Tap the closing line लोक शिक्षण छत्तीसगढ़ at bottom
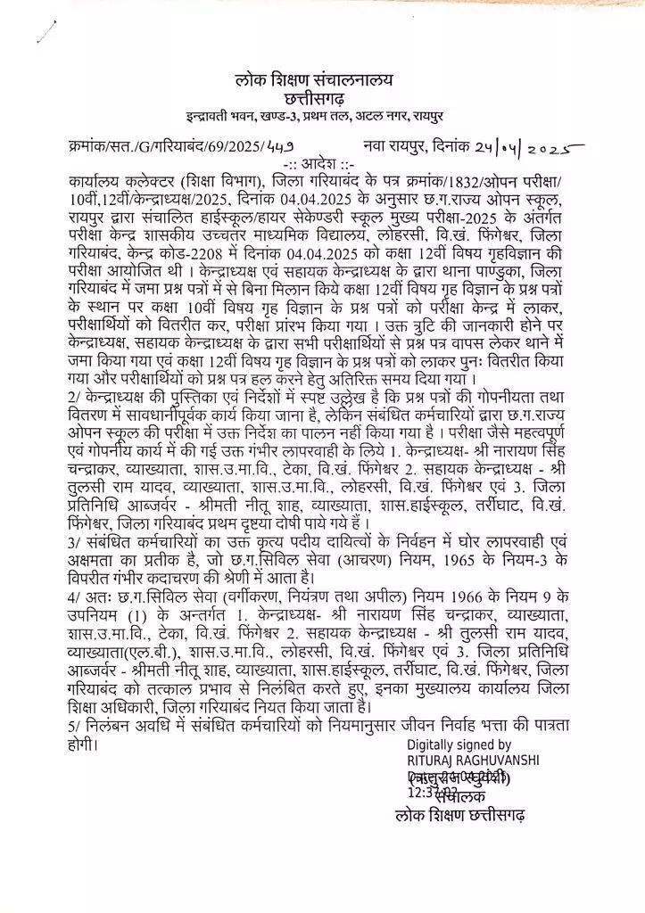click(459, 816)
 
